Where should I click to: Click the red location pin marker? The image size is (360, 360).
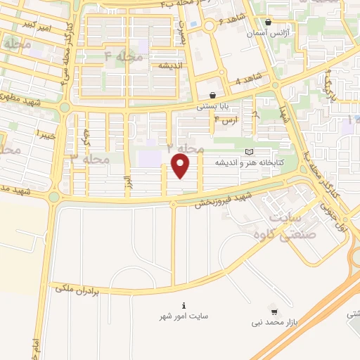(181, 166)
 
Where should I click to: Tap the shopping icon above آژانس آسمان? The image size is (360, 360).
(269, 22)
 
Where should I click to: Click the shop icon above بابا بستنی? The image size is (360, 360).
(212, 95)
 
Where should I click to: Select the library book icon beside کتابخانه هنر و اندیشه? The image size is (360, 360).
(248, 152)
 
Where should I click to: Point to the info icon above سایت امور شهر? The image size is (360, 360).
(184, 306)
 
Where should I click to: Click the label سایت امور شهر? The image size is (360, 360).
(183, 318)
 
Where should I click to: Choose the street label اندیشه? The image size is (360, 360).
(170, 65)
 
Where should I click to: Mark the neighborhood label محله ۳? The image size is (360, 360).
(89, 159)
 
